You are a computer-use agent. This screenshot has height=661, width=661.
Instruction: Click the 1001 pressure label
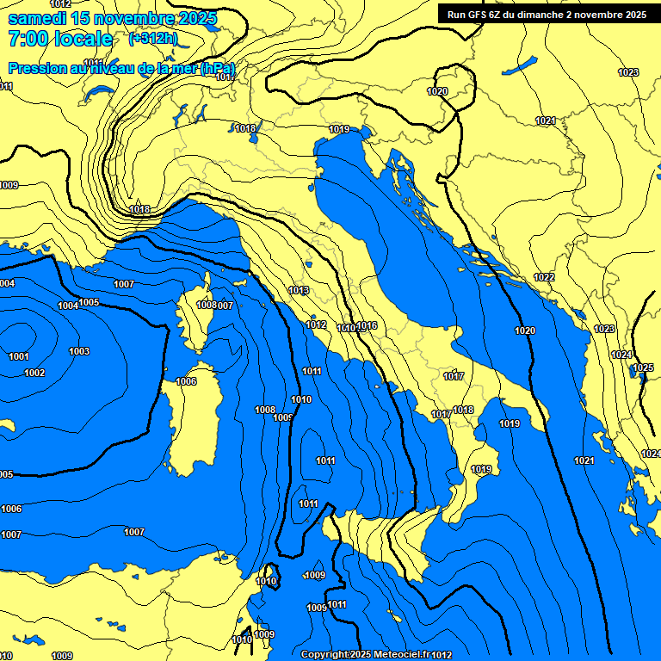coord(18,356)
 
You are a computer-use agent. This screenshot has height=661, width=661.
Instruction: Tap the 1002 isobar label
coord(34,373)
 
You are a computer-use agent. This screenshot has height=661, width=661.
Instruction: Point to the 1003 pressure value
coord(79,351)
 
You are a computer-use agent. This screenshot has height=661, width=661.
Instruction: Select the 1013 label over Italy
coord(299,290)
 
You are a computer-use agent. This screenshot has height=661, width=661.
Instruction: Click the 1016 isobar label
coord(368,325)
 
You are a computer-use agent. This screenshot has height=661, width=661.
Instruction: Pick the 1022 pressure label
coord(544,277)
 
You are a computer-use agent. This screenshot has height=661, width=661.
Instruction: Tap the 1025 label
coord(643,368)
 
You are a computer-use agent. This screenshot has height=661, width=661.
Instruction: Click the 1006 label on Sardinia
coord(186,381)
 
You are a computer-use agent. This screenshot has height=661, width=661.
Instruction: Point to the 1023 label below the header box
coord(628,72)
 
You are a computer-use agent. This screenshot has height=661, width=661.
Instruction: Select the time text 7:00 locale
coord(59,39)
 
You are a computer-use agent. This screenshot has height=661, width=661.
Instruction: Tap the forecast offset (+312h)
coord(152,39)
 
